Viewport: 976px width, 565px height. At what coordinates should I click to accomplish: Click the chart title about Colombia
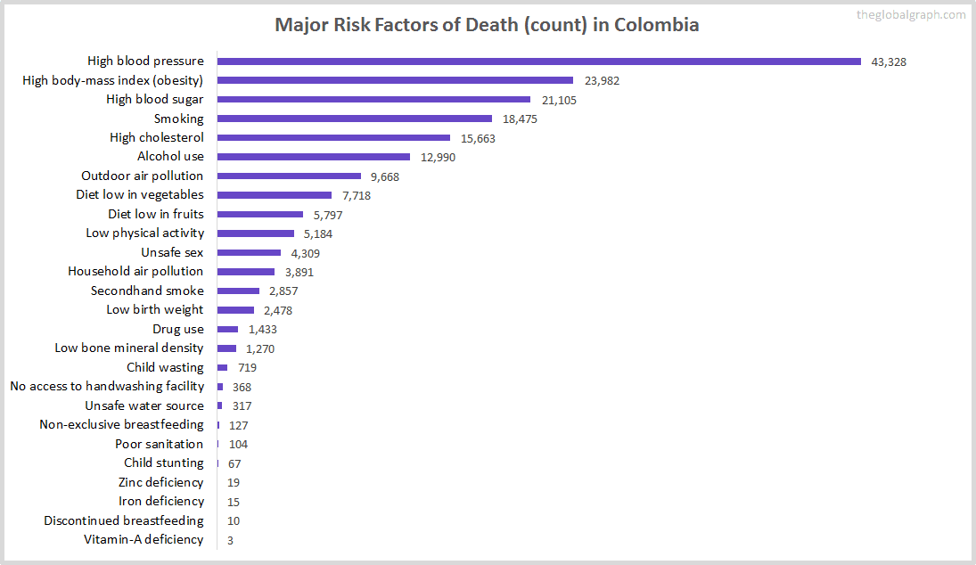(487, 25)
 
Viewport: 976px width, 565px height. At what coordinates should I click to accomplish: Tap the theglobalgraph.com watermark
(910, 15)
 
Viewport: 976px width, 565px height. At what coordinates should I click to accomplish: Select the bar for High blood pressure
(538, 61)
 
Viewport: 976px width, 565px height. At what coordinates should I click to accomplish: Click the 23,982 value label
(602, 81)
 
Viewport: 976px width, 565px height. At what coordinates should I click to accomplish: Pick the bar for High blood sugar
(373, 100)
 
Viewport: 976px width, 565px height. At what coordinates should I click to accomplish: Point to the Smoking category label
(178, 119)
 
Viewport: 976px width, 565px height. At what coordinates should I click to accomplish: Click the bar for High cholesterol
(333, 138)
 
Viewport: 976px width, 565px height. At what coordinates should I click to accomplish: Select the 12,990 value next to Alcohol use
(438, 157)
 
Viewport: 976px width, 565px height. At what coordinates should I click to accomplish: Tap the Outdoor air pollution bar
(289, 176)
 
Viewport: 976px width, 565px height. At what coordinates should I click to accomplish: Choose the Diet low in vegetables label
(140, 195)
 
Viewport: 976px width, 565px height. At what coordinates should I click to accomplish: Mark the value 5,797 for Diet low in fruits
(324, 215)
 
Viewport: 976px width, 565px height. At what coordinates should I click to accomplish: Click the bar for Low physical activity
(256, 233)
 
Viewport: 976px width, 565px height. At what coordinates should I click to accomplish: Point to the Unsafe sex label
(172, 252)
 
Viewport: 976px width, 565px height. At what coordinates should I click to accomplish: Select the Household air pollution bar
(246, 272)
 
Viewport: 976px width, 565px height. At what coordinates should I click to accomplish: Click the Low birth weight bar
(235, 310)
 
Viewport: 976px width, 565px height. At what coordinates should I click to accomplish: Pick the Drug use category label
(177, 329)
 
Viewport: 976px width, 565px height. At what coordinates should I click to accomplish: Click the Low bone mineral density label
(129, 348)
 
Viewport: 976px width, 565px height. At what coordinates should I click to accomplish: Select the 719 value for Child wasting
(247, 368)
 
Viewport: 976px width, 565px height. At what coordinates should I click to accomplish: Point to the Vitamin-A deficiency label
(144, 540)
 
